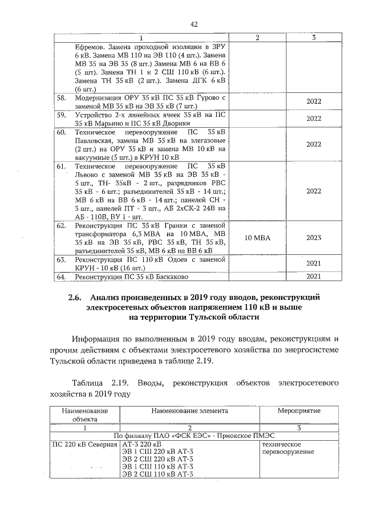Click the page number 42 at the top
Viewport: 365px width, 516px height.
point(194,24)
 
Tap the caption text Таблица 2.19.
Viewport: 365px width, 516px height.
point(95,381)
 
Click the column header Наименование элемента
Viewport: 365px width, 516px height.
point(189,411)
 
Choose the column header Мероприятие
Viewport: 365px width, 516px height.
point(299,411)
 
